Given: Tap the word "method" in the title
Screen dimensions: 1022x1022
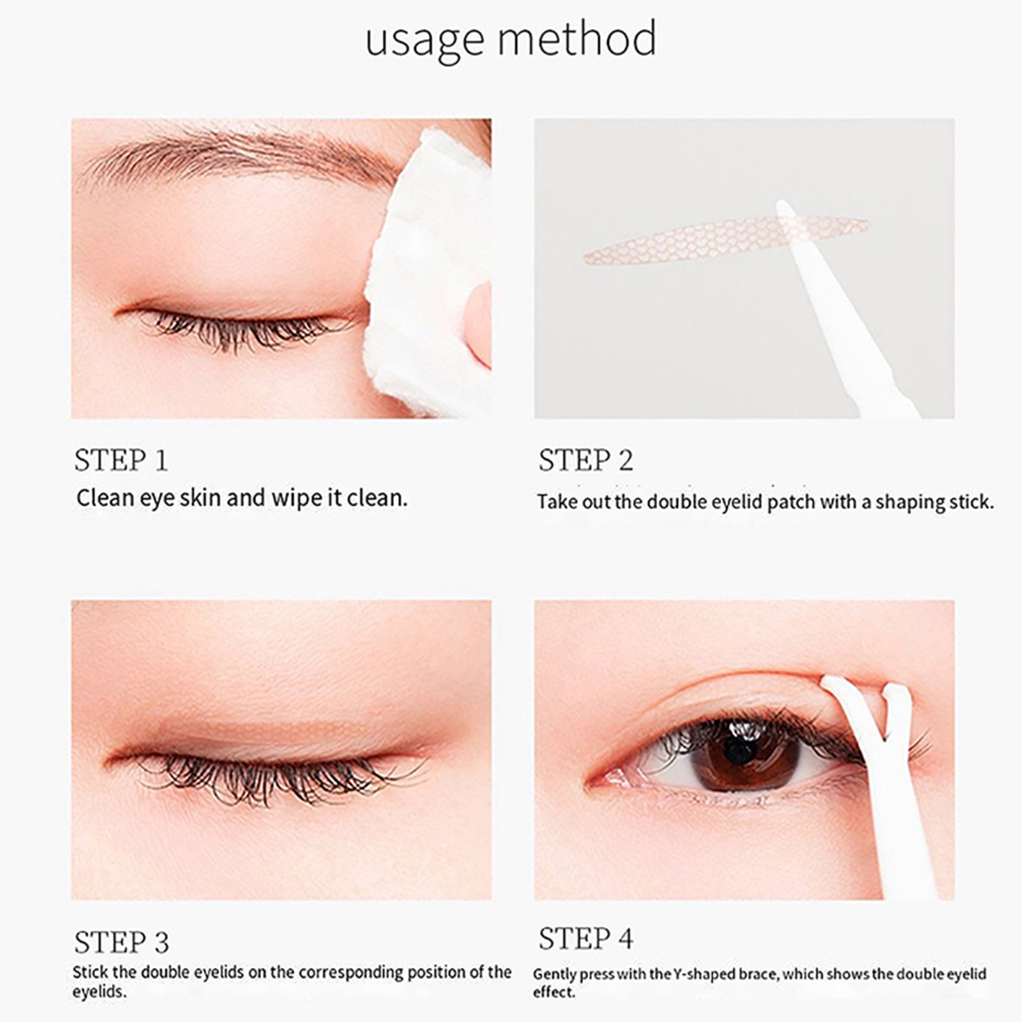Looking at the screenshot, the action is click(x=577, y=38).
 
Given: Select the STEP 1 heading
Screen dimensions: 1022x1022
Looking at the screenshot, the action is click(x=121, y=460).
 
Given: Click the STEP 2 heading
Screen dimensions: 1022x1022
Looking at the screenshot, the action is click(x=586, y=460).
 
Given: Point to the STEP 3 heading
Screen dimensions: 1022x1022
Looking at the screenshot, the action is click(x=121, y=942).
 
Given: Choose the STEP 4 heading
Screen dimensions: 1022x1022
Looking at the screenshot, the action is click(x=586, y=939).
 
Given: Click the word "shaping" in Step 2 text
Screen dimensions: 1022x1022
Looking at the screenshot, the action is click(x=909, y=503).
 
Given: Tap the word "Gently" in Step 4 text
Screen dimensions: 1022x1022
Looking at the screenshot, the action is click(x=556, y=975).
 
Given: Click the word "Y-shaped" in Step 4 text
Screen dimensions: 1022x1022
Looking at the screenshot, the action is click(x=703, y=975).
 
